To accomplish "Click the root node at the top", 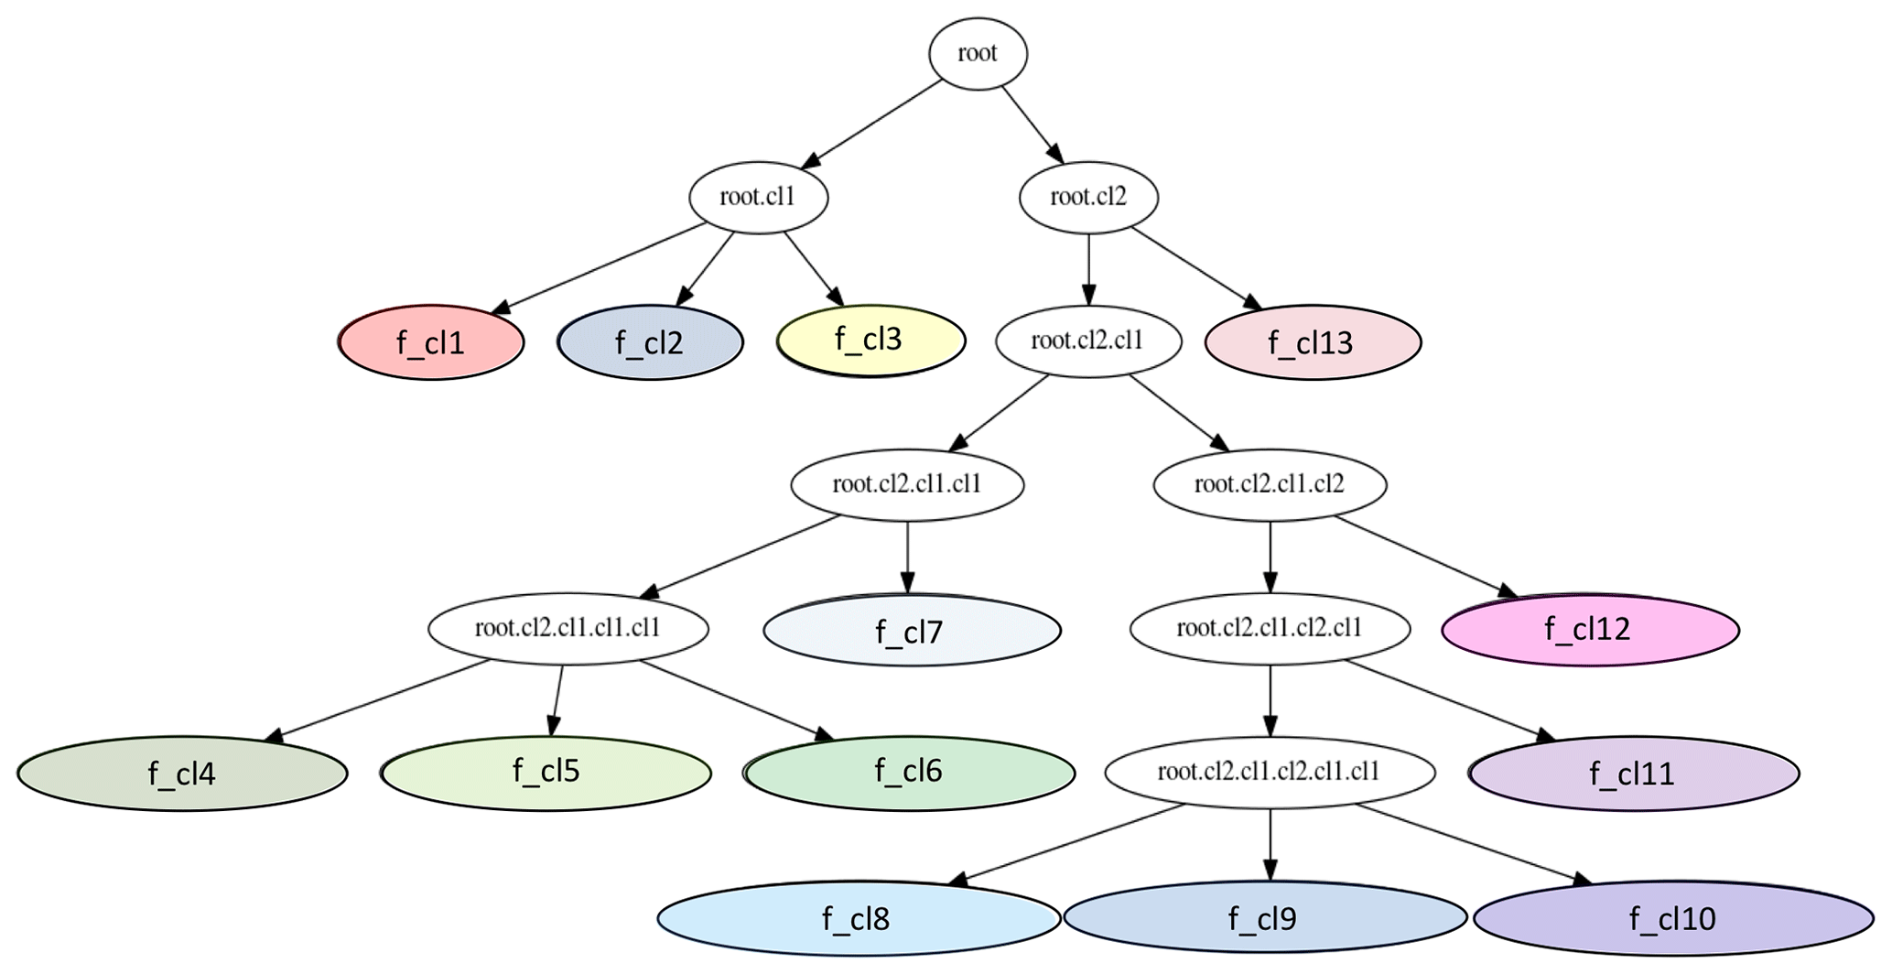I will (x=978, y=54).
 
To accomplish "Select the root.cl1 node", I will (x=758, y=198).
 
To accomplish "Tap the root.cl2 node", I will (x=1088, y=198).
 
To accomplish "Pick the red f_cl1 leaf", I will (x=431, y=342).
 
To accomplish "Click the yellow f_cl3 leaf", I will (x=870, y=340).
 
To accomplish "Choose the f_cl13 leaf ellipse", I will (x=1313, y=342).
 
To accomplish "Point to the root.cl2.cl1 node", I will (x=1088, y=341).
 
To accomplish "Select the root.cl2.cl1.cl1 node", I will (x=907, y=484).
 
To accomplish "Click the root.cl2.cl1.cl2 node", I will (x=1270, y=484).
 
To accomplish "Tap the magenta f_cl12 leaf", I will (x=1590, y=630).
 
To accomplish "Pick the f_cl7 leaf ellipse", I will (x=912, y=631).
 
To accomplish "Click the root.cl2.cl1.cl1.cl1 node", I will (x=568, y=629).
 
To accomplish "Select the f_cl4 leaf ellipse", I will (x=182, y=774).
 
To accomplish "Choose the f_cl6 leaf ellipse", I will (x=910, y=773).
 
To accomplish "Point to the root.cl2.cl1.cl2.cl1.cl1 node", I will (x=1270, y=773).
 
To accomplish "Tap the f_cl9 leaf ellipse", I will (x=1264, y=917).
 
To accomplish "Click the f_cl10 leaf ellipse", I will (x=1673, y=917).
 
